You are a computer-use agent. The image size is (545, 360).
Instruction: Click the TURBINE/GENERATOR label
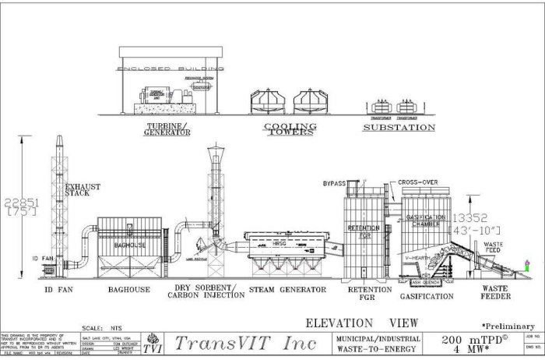pyautogui.click(x=168, y=129)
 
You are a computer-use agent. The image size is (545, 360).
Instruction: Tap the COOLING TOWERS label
pyautogui.click(x=290, y=129)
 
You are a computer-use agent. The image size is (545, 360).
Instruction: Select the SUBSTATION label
pyautogui.click(x=400, y=126)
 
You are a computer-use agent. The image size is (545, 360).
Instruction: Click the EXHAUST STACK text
pyautogui.click(x=83, y=189)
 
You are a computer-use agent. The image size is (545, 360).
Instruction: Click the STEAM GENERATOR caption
pyautogui.click(x=287, y=289)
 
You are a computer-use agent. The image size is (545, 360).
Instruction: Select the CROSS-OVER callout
pyautogui.click(x=419, y=182)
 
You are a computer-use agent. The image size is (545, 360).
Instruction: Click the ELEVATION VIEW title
pyautogui.click(x=360, y=323)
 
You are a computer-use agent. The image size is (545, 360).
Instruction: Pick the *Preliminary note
pyautogui.click(x=508, y=325)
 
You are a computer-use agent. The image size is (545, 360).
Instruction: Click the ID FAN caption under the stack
pyautogui.click(x=64, y=289)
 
